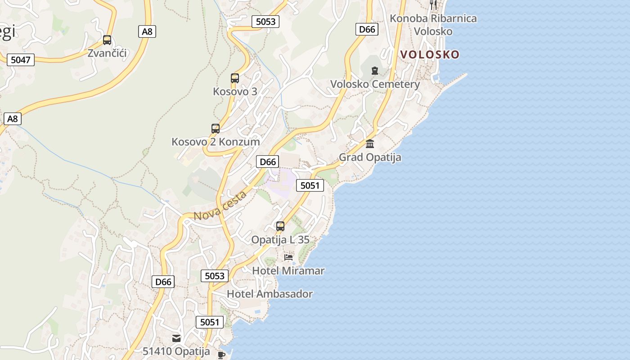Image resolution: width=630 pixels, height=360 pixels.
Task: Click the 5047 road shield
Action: [21, 59]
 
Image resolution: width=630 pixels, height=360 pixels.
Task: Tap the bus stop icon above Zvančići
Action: [107, 40]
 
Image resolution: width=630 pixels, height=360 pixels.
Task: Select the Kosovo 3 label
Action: [235, 91]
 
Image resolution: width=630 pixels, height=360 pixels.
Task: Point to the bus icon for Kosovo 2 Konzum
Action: [216, 129]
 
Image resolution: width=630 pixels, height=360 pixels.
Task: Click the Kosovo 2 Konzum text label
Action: [216, 142]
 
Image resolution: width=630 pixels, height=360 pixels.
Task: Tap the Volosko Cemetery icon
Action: [374, 71]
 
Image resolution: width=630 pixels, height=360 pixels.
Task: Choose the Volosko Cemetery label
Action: [375, 84]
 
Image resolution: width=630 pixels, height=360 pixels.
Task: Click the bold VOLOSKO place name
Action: [430, 54]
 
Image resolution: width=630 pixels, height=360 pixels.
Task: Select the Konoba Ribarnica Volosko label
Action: [433, 25]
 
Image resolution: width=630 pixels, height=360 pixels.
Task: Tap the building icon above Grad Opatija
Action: [370, 144]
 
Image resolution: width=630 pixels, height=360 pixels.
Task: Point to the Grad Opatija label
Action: [370, 157]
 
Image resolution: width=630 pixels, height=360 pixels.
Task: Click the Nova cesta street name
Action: [220, 206]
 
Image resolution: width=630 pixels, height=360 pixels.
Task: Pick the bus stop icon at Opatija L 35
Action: [280, 226]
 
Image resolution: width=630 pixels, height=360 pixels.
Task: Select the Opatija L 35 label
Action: [280, 240]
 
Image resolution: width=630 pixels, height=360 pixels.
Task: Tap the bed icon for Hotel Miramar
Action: [288, 257]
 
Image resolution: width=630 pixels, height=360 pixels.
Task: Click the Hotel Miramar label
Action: [288, 271]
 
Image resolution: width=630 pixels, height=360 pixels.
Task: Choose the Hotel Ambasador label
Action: [270, 294]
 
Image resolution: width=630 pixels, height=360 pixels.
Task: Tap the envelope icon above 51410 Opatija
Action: [176, 338]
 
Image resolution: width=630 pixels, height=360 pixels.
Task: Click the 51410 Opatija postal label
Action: [176, 351]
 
